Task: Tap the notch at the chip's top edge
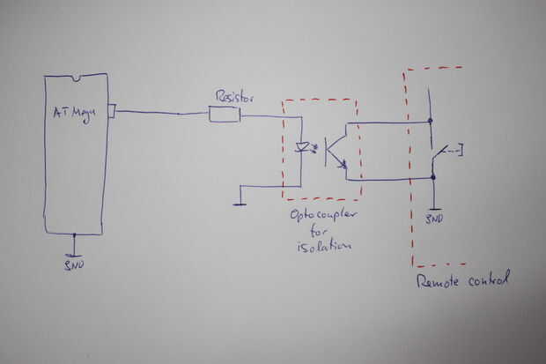(76, 78)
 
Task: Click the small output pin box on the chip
(111, 111)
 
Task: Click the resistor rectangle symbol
(225, 115)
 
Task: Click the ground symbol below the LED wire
(240, 204)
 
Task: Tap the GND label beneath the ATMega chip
(75, 263)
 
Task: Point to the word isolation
(323, 247)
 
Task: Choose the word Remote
(438, 282)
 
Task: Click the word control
(489, 280)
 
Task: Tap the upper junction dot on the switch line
(431, 121)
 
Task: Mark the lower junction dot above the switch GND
(433, 178)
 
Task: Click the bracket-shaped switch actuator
(458, 149)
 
